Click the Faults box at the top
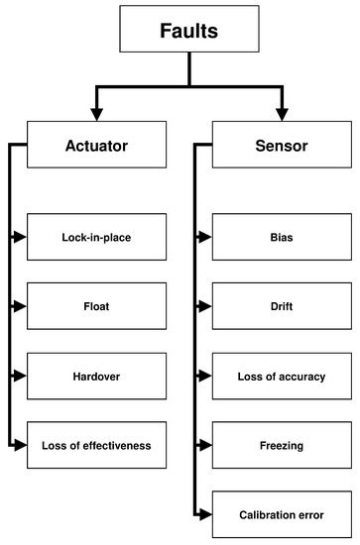tap(188, 30)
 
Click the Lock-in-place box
tap(96, 238)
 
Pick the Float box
tap(96, 307)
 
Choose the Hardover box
tap(96, 377)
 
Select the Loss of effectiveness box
tap(96, 446)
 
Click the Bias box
tap(282, 238)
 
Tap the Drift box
tap(282, 307)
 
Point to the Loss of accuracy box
tap(282, 377)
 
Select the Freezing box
tap(282, 446)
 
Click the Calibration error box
tap(282, 515)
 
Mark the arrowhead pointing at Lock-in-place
tap(21, 238)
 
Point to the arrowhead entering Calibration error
tap(205, 515)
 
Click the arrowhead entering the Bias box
tap(205, 238)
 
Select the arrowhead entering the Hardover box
tap(21, 377)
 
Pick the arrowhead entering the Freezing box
tap(205, 446)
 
